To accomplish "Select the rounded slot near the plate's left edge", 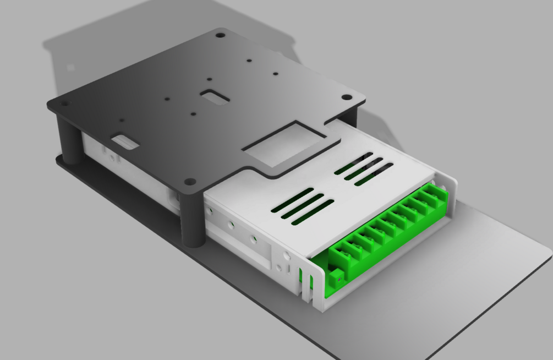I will click(125, 141).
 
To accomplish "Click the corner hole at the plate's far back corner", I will click(220, 35).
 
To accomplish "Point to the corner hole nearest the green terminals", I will click(190, 181).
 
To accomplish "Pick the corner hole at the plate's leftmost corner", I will click(64, 103).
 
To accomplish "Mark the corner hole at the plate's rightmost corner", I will click(346, 97).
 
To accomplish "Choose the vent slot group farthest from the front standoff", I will click(364, 168).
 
